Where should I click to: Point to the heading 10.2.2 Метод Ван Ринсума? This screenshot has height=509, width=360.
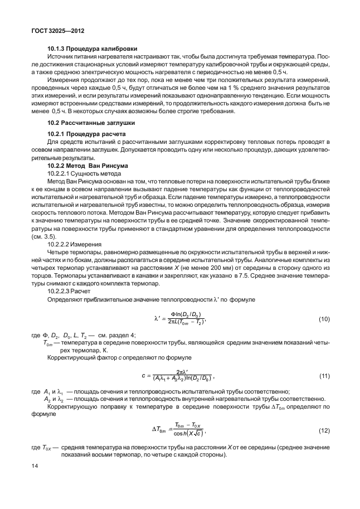point(88,166)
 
